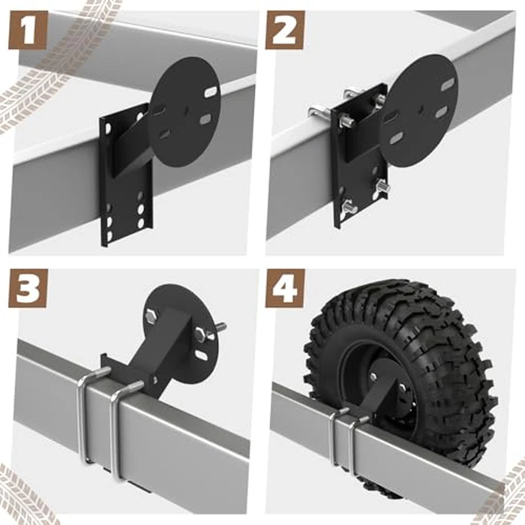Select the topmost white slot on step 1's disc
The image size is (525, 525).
(211, 91)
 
